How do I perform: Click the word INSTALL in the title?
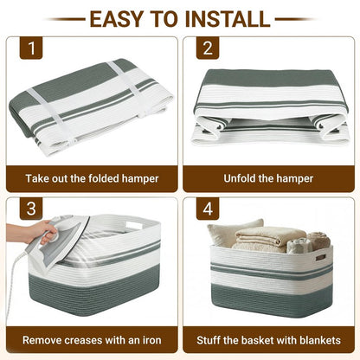[x=227, y=19]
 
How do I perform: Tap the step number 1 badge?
[x=31, y=48]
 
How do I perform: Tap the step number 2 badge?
[x=208, y=48]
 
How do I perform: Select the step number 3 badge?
[x=31, y=209]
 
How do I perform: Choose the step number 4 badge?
[x=208, y=209]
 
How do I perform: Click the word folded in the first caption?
[x=104, y=178]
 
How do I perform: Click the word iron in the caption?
[x=151, y=340]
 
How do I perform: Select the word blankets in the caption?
[x=320, y=340]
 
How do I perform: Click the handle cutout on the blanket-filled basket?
[x=320, y=257]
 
